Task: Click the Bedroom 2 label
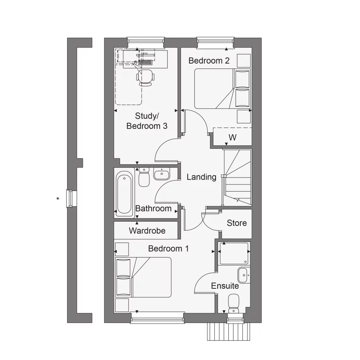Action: (209, 61)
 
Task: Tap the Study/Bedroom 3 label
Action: (147, 121)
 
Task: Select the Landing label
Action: (201, 177)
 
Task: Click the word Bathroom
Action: (153, 208)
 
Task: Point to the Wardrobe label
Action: (147, 231)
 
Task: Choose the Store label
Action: (237, 223)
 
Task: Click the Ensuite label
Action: (225, 286)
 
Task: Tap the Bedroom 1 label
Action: (168, 248)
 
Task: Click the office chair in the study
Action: (145, 77)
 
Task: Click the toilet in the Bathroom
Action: (144, 177)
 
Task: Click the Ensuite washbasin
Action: (243, 275)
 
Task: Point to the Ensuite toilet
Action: (233, 302)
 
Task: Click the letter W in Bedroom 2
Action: (232, 138)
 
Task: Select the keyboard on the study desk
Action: (145, 62)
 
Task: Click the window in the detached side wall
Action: (72, 198)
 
